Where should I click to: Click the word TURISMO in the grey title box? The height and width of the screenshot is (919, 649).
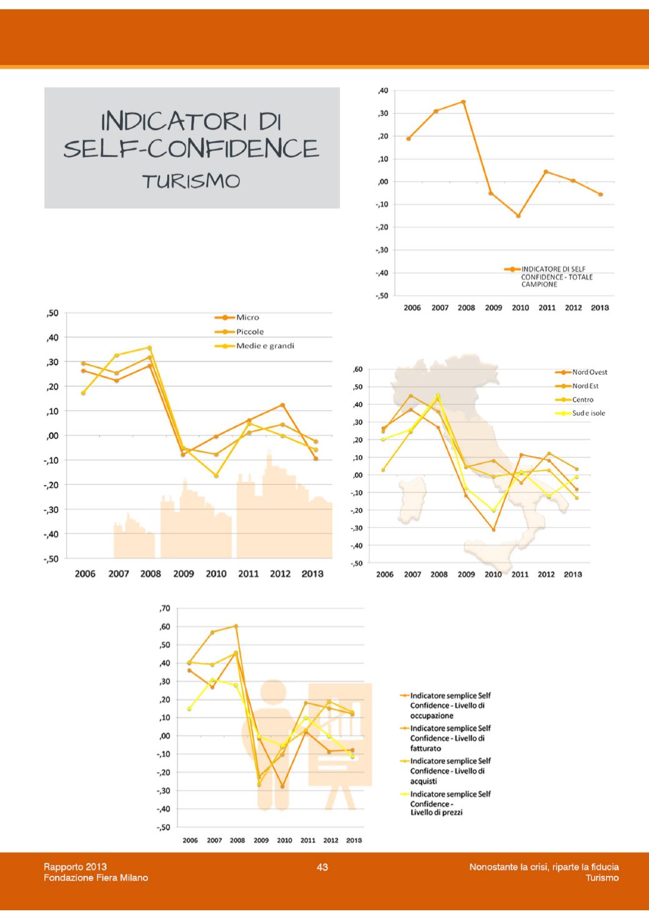[191, 181]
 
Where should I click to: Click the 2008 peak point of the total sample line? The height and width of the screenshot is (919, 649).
[463, 102]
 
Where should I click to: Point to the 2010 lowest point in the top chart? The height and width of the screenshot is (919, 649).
[518, 216]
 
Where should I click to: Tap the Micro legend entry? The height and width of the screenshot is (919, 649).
[247, 317]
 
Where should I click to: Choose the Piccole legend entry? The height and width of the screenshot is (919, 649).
[250, 332]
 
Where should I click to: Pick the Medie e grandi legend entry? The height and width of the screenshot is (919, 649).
[265, 346]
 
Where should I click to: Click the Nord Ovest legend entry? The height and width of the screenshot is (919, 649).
[589, 372]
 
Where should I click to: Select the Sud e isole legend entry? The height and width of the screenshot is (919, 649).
[588, 414]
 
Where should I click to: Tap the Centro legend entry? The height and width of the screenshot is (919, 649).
[583, 400]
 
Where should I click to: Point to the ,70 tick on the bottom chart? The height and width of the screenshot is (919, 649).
[165, 609]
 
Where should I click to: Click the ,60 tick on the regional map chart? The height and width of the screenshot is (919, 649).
[357, 369]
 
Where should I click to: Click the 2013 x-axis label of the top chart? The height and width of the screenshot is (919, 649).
[600, 308]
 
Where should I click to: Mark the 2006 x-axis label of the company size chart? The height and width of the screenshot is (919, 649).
[85, 574]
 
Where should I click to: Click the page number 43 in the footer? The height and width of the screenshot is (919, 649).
[322, 867]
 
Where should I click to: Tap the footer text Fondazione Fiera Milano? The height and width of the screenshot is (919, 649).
[96, 878]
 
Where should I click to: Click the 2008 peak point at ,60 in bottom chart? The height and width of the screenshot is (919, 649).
[236, 626]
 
